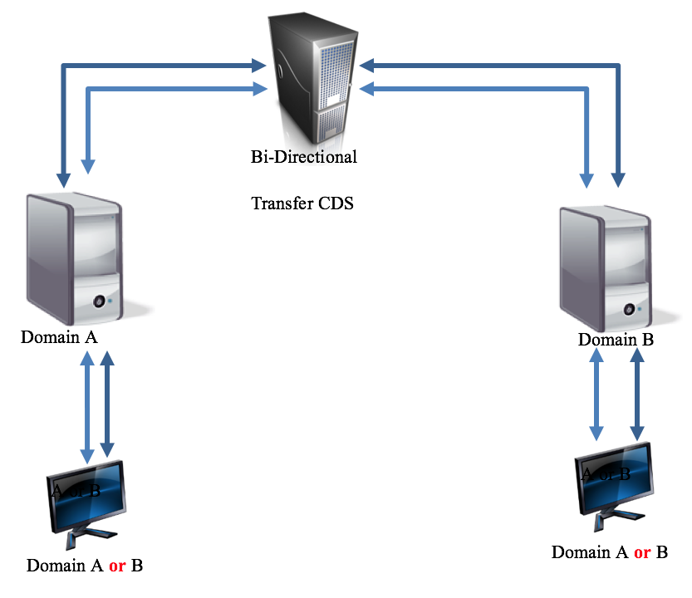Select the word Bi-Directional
(303, 156)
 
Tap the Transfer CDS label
(302, 203)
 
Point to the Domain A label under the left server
(59, 337)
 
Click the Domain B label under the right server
(616, 340)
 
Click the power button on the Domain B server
(629, 308)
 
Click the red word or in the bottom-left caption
(117, 566)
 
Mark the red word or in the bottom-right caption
(641, 552)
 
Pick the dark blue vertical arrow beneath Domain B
(637, 394)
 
